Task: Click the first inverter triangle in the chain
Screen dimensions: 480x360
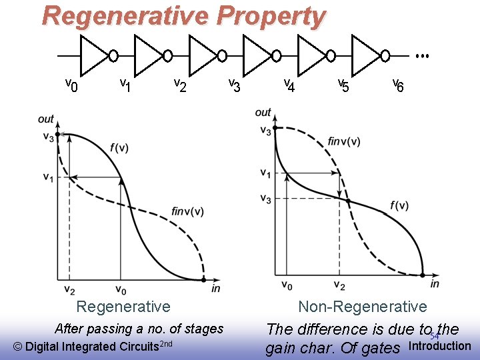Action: coord(94,55)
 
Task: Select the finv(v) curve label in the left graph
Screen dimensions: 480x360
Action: coord(187,212)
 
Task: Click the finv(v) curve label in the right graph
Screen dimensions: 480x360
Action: coord(344,141)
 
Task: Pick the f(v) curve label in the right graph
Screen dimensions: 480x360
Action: coord(399,205)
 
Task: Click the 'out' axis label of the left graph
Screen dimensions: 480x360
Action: coord(46,119)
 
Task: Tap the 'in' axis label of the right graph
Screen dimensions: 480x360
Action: coord(435,284)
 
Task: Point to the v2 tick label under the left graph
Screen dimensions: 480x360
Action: coord(69,290)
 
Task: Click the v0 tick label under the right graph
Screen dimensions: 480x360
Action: coord(287,286)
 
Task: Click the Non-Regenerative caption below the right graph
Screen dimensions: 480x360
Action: coord(362,307)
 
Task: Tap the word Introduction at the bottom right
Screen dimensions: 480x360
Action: coord(439,345)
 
